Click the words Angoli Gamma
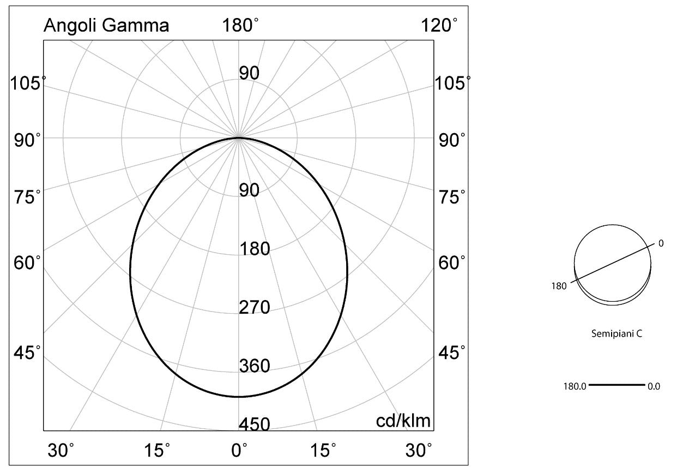pyautogui.click(x=106, y=26)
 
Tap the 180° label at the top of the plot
pyautogui.click(x=240, y=25)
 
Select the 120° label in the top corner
pyautogui.click(x=439, y=25)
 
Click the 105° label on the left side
pyautogui.click(x=28, y=83)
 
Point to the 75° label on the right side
pyautogui.click(x=452, y=197)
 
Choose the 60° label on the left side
pyautogui.click(x=27, y=262)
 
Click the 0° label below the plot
pyautogui.click(x=239, y=451)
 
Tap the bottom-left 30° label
pyautogui.click(x=61, y=451)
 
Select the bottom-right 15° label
pyautogui.click(x=323, y=451)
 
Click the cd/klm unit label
pyautogui.click(x=403, y=421)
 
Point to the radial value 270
pyautogui.click(x=255, y=307)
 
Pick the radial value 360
pyautogui.click(x=255, y=366)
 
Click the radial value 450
pyautogui.click(x=255, y=424)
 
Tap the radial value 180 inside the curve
pyautogui.click(x=255, y=248)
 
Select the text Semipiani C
pyautogui.click(x=616, y=333)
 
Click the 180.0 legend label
pyautogui.click(x=575, y=386)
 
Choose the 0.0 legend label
pyautogui.click(x=654, y=386)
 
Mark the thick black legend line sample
pyautogui.click(x=617, y=385)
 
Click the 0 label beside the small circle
pyautogui.click(x=661, y=243)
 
